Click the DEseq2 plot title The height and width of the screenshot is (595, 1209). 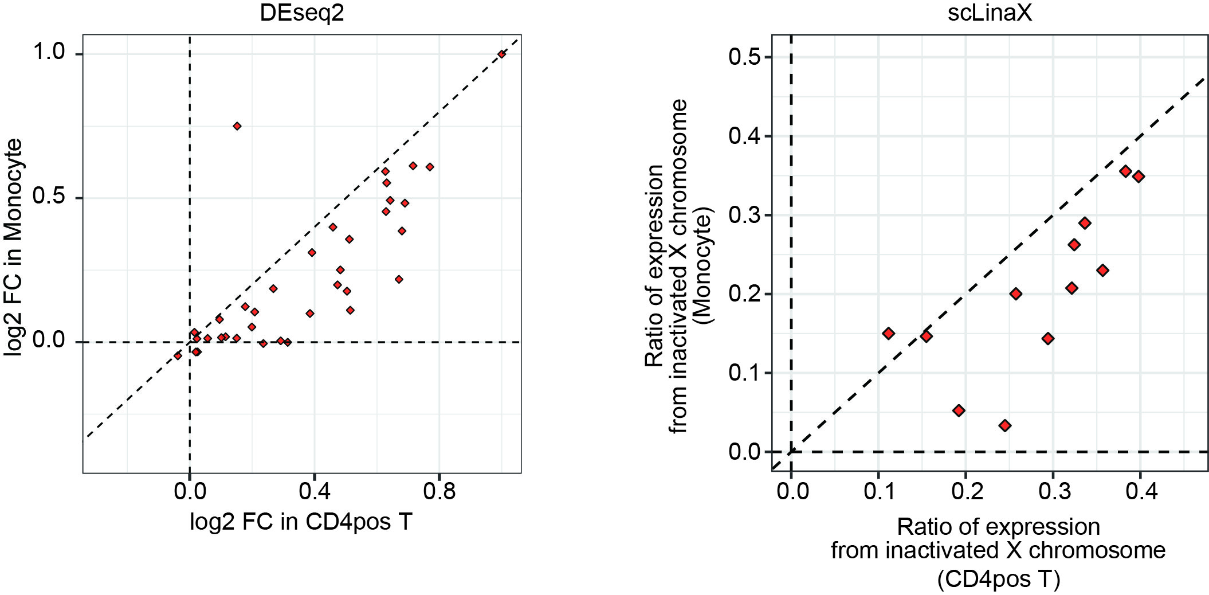tap(301, 13)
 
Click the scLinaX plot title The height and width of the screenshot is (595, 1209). tap(990, 13)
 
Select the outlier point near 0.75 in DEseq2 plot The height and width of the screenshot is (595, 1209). tap(237, 126)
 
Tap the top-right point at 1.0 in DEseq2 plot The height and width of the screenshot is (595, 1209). tap(501, 54)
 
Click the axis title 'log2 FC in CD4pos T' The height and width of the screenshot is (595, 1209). tap(301, 522)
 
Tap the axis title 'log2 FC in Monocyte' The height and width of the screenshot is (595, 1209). tap(14, 248)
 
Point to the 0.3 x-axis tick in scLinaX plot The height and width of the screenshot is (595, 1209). tap(1053, 491)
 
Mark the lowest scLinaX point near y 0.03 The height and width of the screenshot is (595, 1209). tap(1004, 425)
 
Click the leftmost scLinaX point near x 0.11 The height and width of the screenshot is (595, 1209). tap(888, 334)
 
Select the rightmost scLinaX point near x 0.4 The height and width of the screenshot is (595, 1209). tap(1139, 177)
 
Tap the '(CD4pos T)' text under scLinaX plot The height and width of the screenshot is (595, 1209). tap(999, 580)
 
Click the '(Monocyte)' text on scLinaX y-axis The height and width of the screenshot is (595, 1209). tap(704, 265)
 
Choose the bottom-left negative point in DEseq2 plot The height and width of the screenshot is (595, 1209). tap(178, 356)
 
